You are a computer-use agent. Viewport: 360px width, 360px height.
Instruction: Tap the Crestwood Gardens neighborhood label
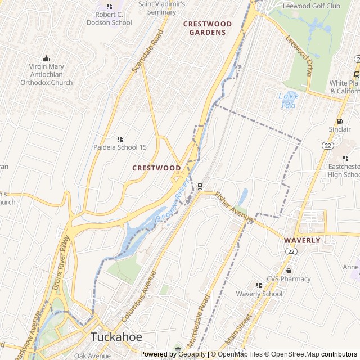tap(207, 28)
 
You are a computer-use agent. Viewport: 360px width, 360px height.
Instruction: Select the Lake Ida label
tap(289, 100)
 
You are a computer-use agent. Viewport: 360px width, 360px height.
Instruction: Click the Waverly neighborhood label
tap(302, 240)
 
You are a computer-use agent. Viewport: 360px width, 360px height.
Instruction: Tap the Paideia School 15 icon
tap(120, 139)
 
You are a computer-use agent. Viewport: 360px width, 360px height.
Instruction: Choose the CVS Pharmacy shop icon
tap(289, 271)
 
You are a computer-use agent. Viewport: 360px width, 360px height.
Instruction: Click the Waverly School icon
tap(259, 286)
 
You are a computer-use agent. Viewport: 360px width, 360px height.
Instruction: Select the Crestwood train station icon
tap(200, 186)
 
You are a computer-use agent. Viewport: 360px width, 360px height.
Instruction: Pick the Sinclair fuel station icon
tap(339, 121)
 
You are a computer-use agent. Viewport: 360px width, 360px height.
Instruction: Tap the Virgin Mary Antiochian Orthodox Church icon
tap(47, 58)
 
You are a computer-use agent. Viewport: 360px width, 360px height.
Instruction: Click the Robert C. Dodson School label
tap(109, 19)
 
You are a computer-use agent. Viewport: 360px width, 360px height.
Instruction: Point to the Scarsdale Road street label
tap(147, 51)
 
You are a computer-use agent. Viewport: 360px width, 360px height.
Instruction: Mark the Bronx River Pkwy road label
tap(62, 271)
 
